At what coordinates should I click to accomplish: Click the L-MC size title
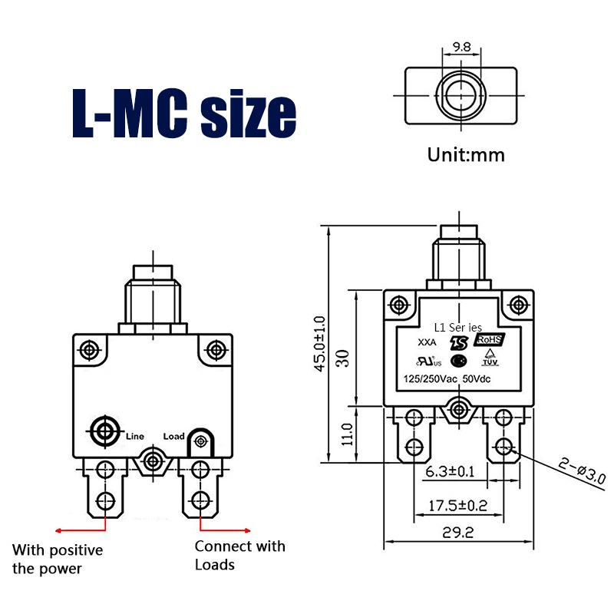click(184, 113)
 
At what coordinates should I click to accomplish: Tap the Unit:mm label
click(466, 155)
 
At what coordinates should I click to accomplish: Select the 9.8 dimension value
click(462, 47)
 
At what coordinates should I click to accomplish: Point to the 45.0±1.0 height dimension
click(320, 343)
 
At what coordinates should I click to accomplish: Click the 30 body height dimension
click(342, 358)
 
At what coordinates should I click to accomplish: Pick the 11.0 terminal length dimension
click(347, 434)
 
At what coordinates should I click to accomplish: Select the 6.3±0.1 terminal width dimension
click(450, 471)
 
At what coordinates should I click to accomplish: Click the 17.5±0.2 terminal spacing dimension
click(457, 506)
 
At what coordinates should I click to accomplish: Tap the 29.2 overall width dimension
click(457, 533)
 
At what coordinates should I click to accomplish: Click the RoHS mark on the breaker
click(489, 339)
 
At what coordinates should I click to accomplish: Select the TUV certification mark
click(490, 358)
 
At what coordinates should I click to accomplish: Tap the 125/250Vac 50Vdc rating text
click(447, 379)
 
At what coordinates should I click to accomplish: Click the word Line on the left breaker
click(135, 436)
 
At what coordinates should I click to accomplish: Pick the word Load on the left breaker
click(173, 436)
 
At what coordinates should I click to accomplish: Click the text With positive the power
click(58, 560)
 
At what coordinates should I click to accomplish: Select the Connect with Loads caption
click(240, 555)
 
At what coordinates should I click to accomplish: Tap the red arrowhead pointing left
click(58, 531)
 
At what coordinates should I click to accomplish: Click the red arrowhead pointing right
click(247, 531)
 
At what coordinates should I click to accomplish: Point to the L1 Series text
click(457, 328)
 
